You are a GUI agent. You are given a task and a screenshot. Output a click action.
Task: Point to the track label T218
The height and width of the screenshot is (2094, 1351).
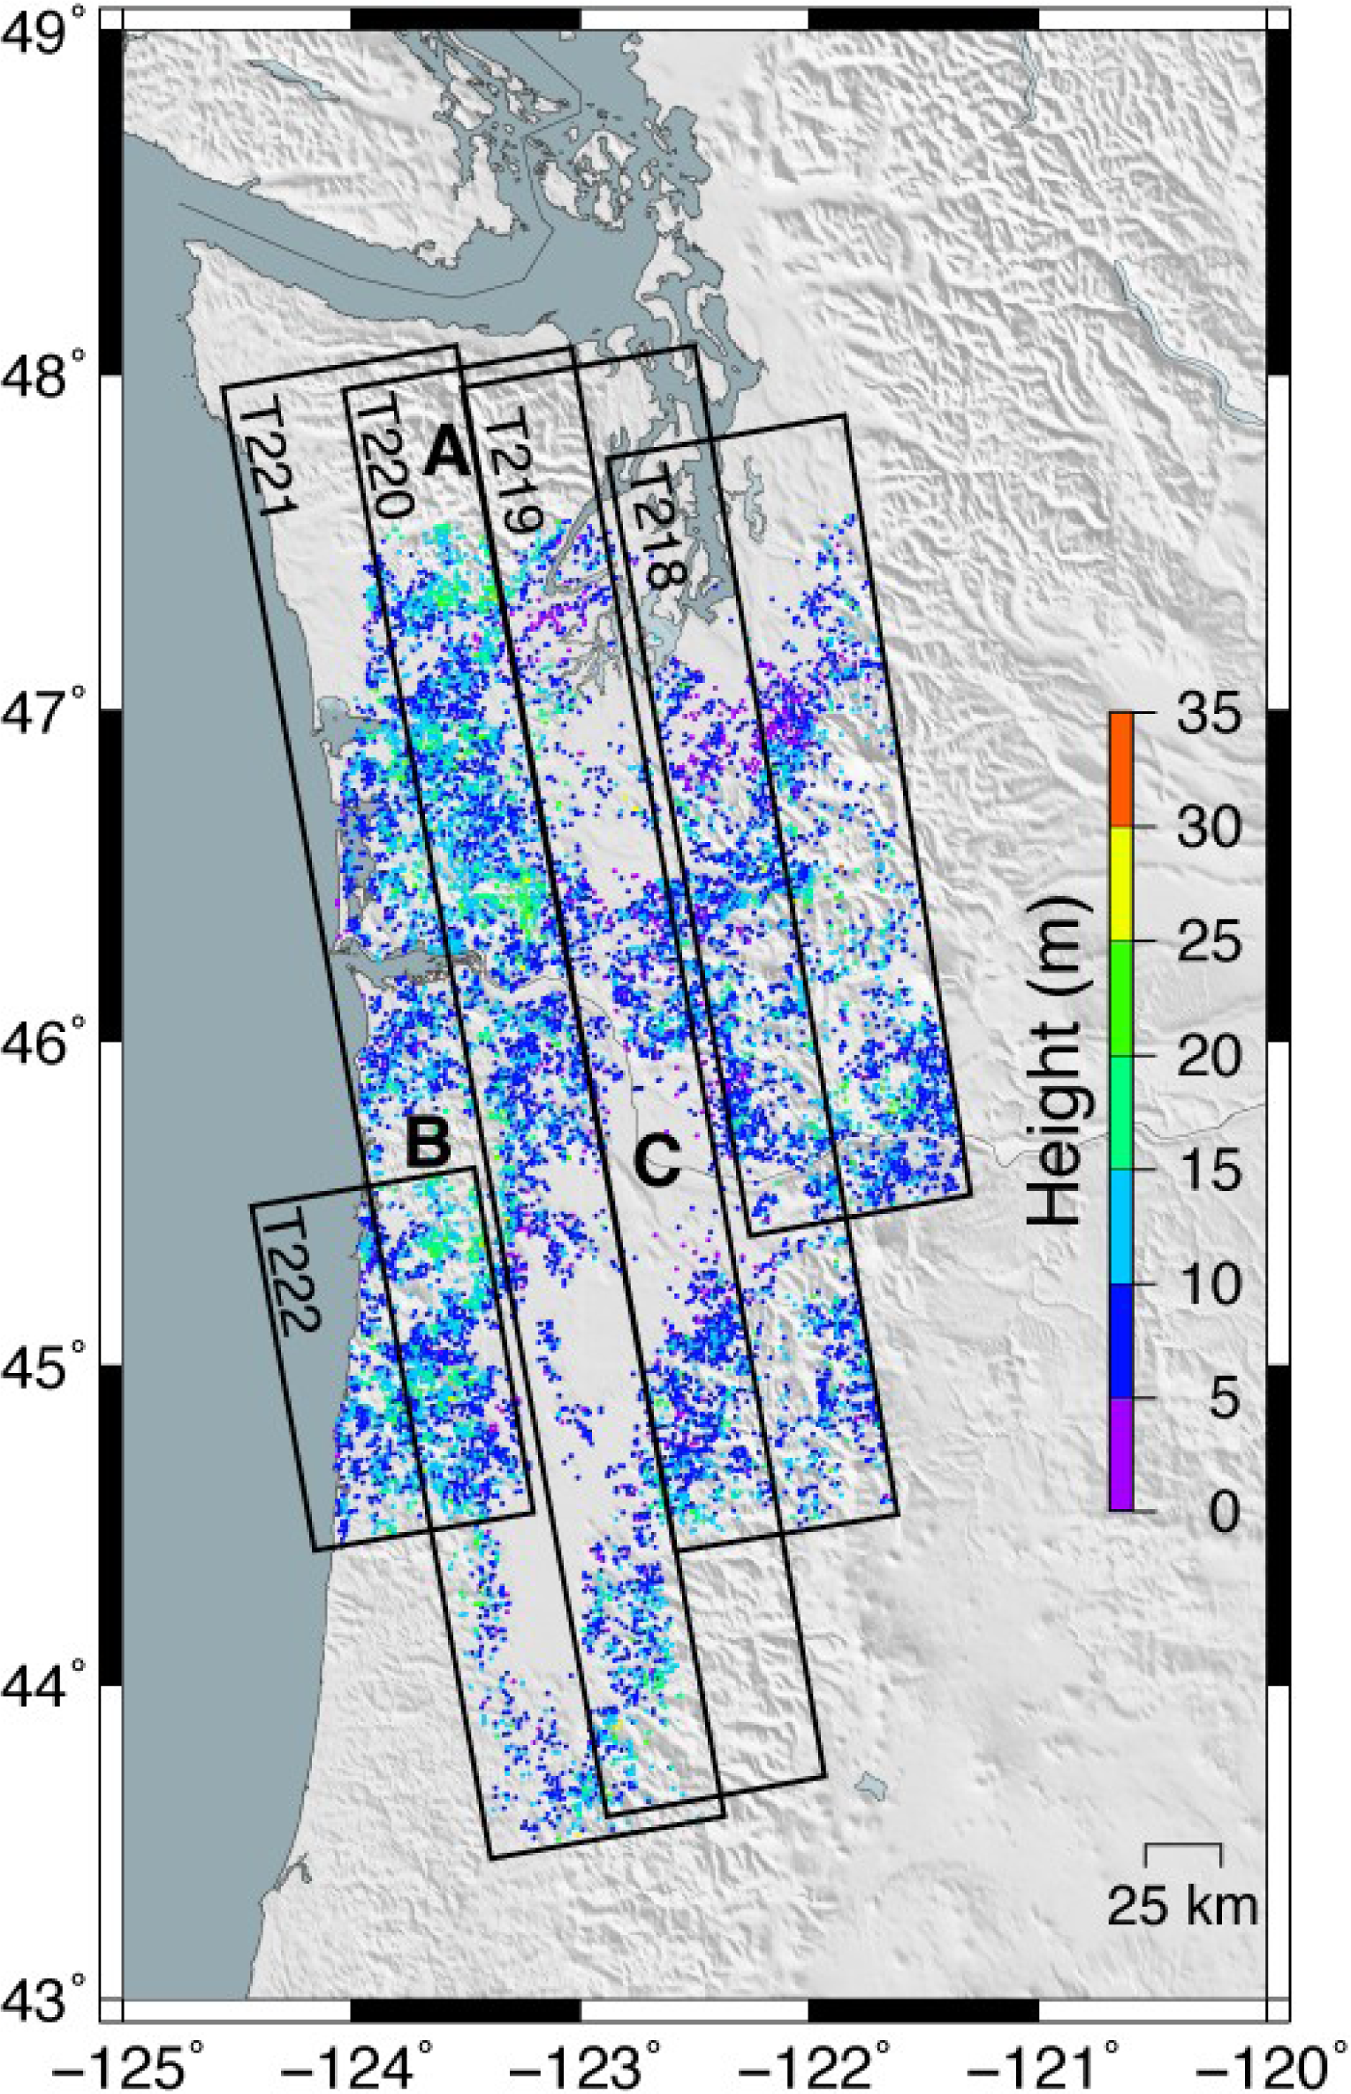click(x=657, y=527)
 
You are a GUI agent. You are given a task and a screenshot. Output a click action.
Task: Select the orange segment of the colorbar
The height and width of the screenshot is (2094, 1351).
click(x=1121, y=770)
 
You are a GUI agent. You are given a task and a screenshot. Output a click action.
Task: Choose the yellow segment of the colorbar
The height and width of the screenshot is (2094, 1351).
click(x=1121, y=884)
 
